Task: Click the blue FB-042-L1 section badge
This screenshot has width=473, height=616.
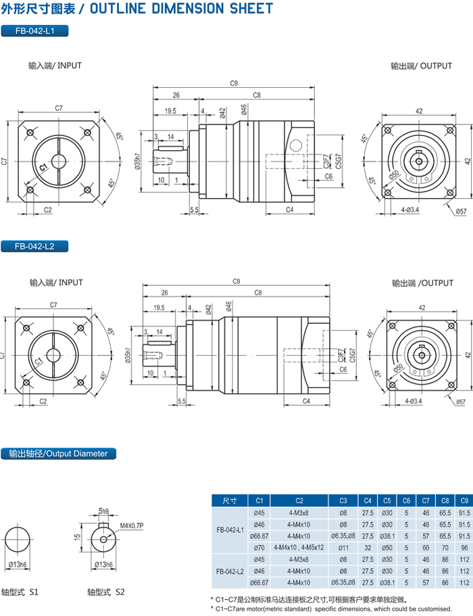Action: click(x=34, y=31)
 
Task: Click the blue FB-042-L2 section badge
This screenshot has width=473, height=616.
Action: click(x=34, y=247)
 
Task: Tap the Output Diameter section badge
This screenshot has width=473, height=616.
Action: click(x=54, y=454)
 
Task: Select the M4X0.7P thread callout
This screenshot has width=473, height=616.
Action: click(x=132, y=525)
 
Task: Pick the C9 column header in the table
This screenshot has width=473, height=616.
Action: click(x=463, y=501)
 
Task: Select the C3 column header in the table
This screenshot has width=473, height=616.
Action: click(x=343, y=501)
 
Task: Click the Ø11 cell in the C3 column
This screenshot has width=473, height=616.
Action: click(x=343, y=547)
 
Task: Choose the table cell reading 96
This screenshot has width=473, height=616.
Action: click(x=463, y=547)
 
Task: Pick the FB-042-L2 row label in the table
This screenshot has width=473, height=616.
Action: click(x=230, y=571)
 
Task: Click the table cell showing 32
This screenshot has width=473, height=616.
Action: click(x=368, y=547)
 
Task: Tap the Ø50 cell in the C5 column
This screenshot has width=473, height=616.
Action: click(x=387, y=547)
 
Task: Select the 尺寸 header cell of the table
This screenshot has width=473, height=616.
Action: click(x=230, y=501)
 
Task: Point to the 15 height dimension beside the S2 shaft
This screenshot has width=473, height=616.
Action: click(x=78, y=536)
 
